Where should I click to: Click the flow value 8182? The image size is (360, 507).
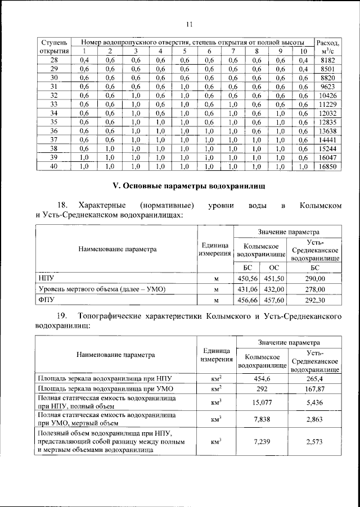[328, 60]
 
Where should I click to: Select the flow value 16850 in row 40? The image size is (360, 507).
[328, 167]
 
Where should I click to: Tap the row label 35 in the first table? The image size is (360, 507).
[54, 122]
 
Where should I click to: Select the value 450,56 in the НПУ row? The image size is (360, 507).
[248, 278]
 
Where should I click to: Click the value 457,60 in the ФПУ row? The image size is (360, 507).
[274, 300]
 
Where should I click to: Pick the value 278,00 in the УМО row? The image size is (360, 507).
[314, 289]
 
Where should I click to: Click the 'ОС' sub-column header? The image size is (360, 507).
[274, 268]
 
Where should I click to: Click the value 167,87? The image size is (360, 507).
[314, 388]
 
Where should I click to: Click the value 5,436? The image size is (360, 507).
[314, 402]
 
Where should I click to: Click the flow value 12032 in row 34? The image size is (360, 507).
[328, 113]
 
